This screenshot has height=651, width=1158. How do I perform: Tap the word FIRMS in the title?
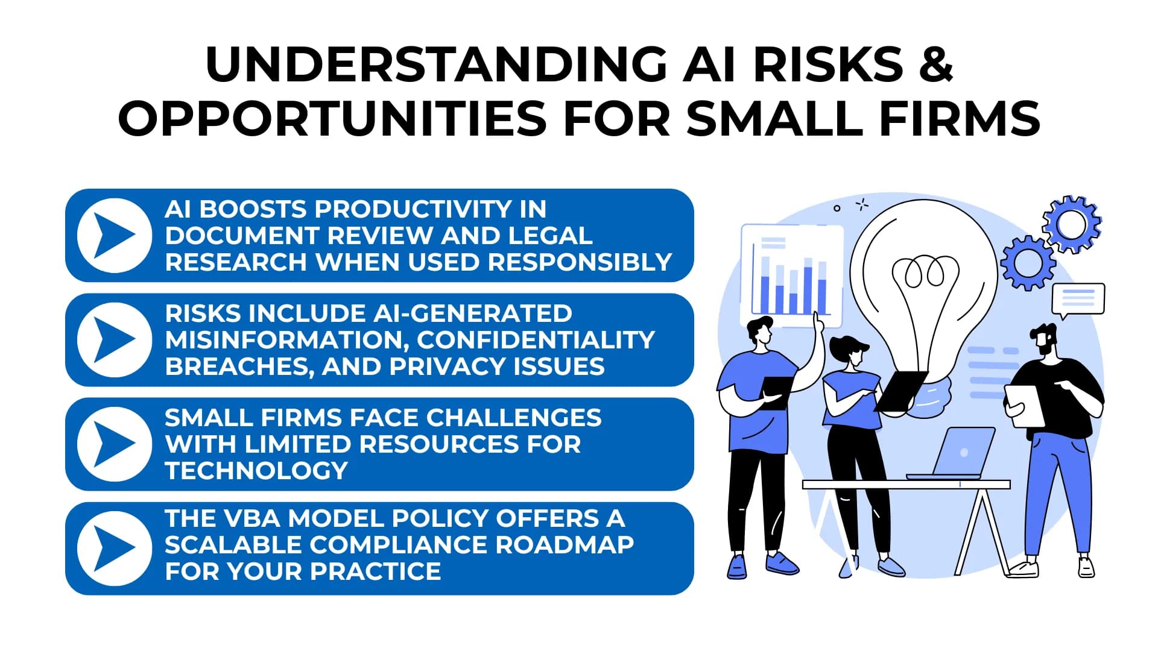pyautogui.click(x=960, y=118)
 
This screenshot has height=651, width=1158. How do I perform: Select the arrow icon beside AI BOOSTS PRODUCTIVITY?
pyautogui.click(x=114, y=235)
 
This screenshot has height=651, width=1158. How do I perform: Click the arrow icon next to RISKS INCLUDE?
pyautogui.click(x=114, y=339)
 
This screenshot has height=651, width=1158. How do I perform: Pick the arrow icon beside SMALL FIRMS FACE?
pyautogui.click(x=114, y=444)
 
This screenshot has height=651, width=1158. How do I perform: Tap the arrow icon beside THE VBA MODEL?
pyautogui.click(x=114, y=548)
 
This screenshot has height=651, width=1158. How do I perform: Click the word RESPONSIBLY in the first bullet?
pyautogui.click(x=580, y=262)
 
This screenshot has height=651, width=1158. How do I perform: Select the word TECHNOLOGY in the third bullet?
pyautogui.click(x=256, y=471)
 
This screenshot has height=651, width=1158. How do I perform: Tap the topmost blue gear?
pyautogui.click(x=1071, y=224)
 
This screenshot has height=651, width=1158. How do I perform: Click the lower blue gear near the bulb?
pyautogui.click(x=1028, y=263)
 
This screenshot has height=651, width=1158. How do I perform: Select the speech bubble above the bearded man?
pyautogui.click(x=1078, y=299)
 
